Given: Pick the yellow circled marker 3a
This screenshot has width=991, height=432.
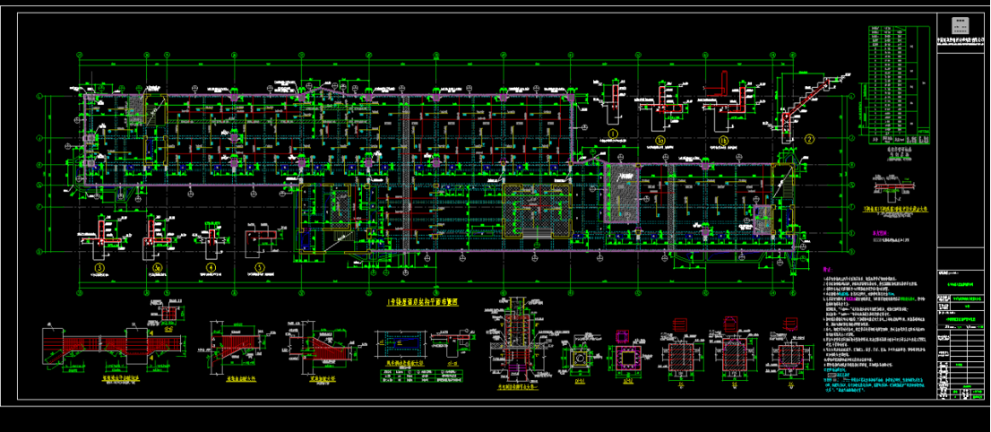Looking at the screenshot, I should (x=157, y=266).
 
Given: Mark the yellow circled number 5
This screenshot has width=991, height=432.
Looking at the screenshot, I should (x=260, y=266).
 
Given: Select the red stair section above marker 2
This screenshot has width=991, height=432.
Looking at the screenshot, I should (x=800, y=100).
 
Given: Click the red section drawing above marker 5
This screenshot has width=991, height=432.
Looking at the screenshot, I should (x=263, y=239).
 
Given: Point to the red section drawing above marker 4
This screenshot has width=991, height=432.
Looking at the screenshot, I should (x=212, y=238).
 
